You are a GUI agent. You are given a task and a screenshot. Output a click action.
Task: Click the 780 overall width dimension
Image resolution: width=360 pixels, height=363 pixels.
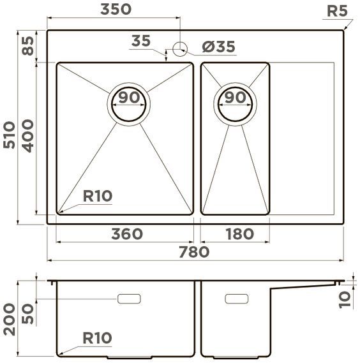(195, 252)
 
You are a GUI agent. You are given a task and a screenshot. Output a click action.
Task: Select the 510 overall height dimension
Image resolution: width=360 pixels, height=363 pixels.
(10, 135)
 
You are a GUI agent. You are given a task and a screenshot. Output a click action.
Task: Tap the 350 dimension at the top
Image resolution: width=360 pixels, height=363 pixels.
(116, 10)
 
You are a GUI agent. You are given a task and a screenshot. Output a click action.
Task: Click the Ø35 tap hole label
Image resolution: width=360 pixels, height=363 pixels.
(218, 47)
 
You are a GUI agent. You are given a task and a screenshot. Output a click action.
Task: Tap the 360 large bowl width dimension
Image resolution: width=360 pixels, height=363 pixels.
(126, 234)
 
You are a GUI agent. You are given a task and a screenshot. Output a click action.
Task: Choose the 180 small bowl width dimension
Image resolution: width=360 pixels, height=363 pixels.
(239, 234)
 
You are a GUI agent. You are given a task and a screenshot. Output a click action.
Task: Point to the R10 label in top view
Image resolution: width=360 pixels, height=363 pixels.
(97, 196)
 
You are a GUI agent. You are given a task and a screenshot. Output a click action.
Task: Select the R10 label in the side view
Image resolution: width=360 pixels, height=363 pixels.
(97, 338)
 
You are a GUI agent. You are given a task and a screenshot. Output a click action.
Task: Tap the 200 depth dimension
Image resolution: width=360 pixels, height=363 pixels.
(10, 320)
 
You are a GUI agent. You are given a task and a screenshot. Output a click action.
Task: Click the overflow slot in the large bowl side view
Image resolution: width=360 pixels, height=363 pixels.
(130, 298)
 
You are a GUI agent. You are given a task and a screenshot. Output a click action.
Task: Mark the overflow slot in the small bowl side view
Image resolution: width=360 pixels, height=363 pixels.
(236, 298)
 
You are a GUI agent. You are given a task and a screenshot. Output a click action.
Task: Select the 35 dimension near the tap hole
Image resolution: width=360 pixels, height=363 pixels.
(140, 41)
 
